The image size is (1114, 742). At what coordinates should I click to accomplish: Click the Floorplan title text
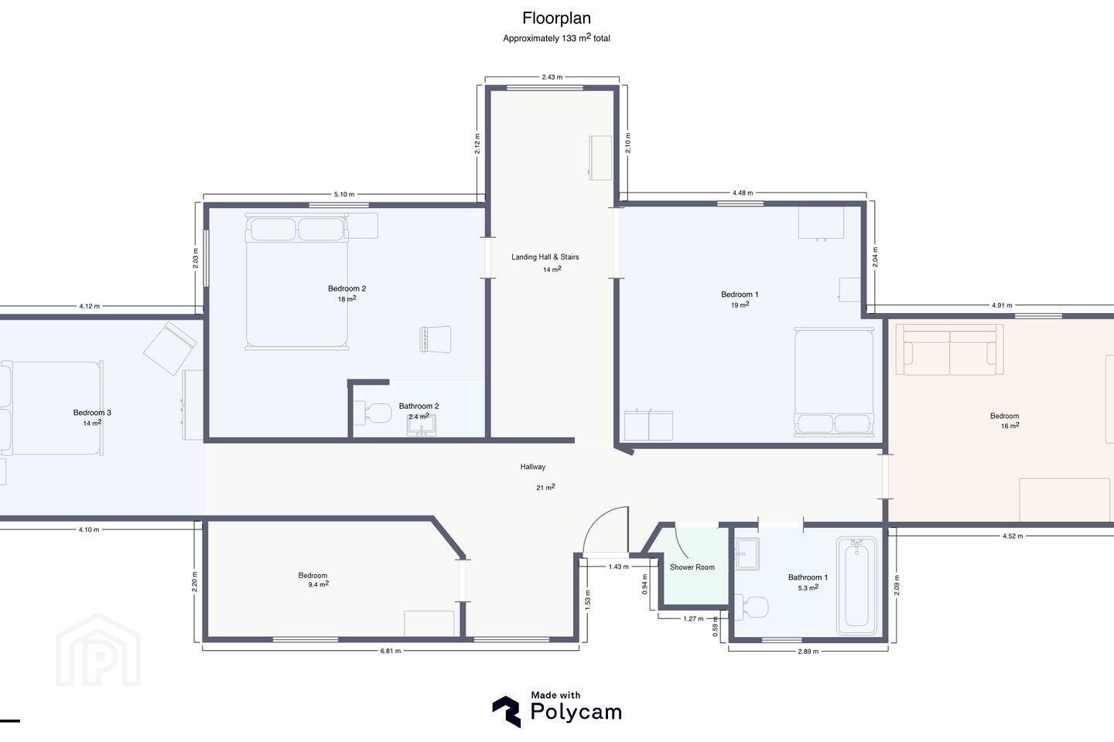(x=556, y=19)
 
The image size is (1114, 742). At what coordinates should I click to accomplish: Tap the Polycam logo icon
(x=507, y=711)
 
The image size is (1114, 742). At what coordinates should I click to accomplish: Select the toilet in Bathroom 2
(x=373, y=413)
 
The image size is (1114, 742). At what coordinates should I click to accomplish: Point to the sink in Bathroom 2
(x=421, y=425)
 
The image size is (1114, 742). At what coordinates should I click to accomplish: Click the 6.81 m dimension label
(x=391, y=651)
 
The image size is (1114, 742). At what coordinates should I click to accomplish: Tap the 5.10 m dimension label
(x=344, y=194)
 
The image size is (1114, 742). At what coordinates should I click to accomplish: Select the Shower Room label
(x=692, y=567)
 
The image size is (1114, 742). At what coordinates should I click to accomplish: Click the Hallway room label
(x=532, y=467)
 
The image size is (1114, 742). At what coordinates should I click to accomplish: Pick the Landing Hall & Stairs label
(x=545, y=257)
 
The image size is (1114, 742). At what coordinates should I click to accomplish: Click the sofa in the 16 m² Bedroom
(x=949, y=349)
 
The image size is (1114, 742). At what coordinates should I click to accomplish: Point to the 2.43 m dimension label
(x=552, y=77)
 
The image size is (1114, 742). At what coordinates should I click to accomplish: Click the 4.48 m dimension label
(x=743, y=192)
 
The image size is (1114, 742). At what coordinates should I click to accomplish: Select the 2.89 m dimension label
(x=808, y=652)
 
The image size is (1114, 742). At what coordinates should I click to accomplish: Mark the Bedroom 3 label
(x=92, y=413)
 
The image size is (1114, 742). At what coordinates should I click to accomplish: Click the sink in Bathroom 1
(x=747, y=553)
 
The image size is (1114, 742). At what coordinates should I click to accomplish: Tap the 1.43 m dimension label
(x=619, y=567)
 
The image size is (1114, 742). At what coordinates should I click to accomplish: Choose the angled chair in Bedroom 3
(x=170, y=348)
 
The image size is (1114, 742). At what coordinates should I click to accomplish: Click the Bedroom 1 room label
(x=740, y=294)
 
